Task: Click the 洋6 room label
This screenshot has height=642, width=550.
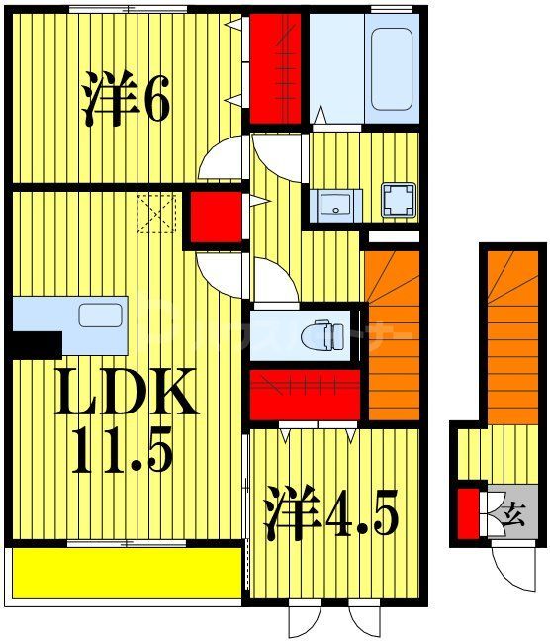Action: click(x=127, y=100)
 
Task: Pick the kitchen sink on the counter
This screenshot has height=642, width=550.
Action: click(x=99, y=316)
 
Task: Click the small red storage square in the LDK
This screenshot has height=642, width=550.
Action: click(x=216, y=217)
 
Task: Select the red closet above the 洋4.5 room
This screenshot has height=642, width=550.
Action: click(x=306, y=393)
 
